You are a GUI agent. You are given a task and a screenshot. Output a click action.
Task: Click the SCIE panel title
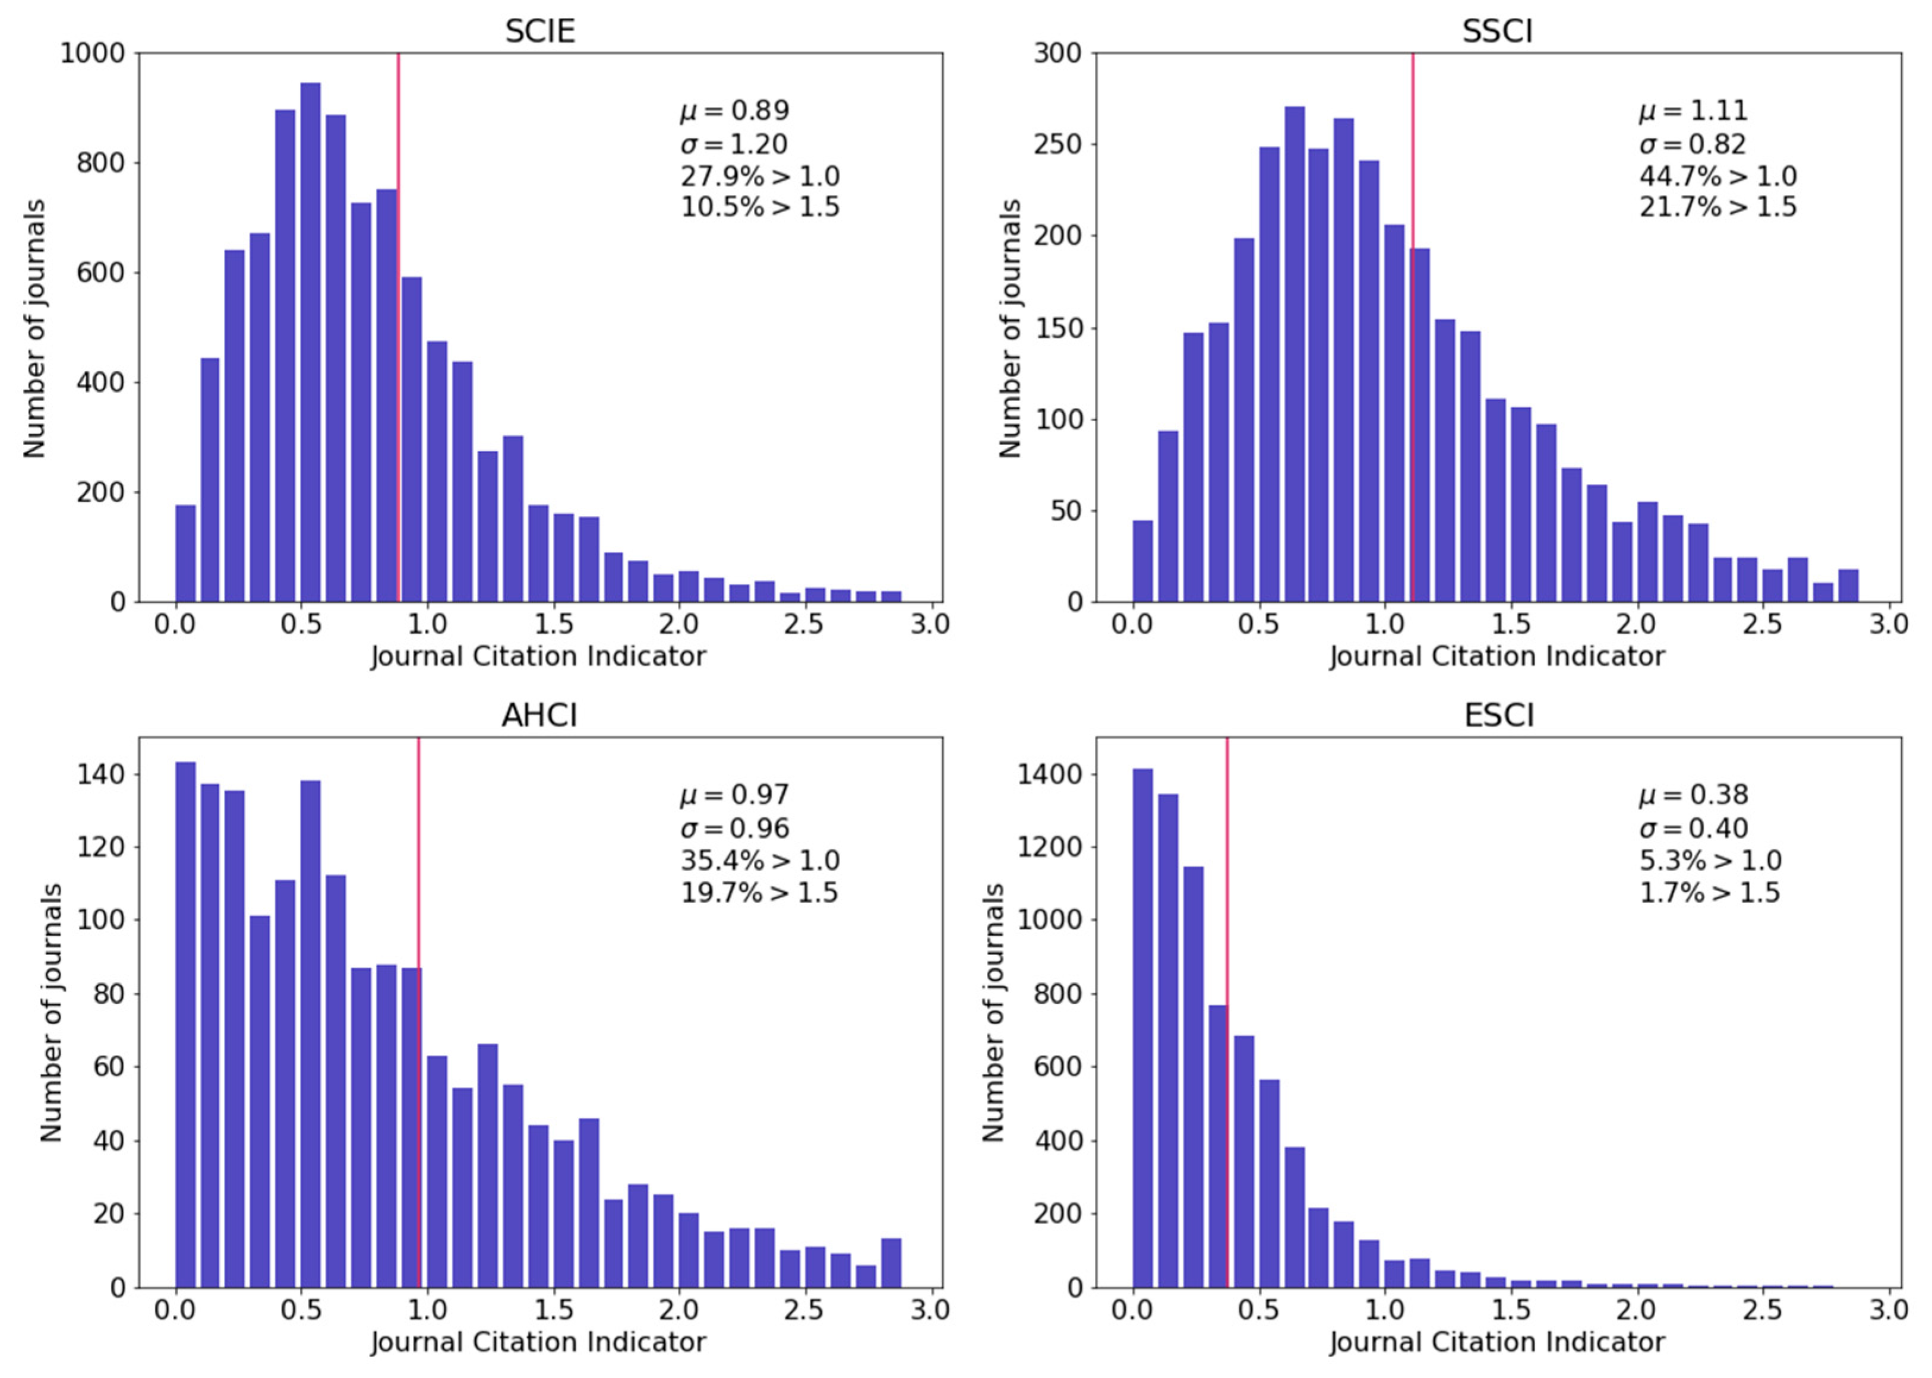click(539, 31)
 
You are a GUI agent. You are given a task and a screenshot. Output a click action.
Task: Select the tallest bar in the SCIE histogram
click(311, 339)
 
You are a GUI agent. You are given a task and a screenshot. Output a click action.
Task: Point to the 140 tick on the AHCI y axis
click(100, 774)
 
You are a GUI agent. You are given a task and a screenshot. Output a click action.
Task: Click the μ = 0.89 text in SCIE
click(735, 111)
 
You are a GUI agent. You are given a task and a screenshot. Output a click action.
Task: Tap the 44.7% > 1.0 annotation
click(1718, 176)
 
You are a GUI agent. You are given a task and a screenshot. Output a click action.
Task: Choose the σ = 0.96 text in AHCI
click(735, 828)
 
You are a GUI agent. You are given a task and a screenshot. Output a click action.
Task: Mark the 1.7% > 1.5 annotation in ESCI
click(1709, 893)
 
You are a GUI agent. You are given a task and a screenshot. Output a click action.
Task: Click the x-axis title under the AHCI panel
click(538, 1342)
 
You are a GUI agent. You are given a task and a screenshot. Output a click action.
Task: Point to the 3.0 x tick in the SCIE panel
click(930, 624)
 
